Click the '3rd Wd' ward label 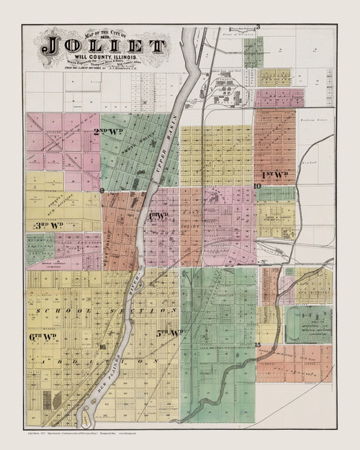click(x=45, y=225)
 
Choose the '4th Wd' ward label click(x=158, y=215)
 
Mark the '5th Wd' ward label click(x=170, y=333)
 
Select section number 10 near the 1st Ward click(x=257, y=186)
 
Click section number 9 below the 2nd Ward click(x=102, y=191)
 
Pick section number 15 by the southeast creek click(x=257, y=346)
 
